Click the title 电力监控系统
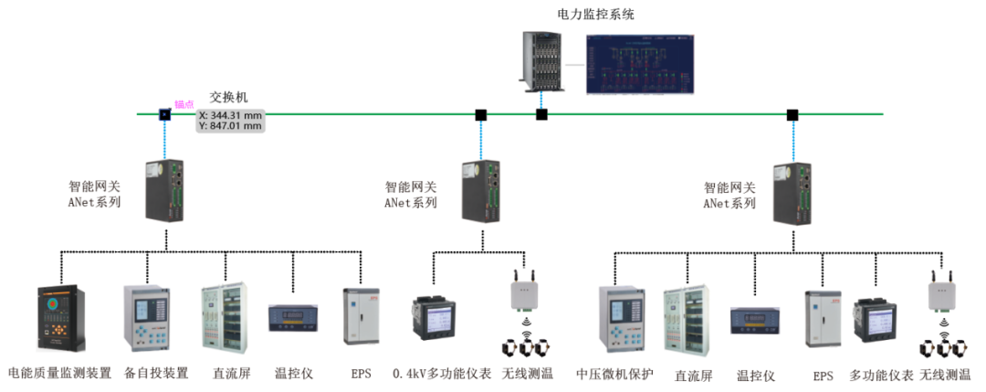pyautogui.click(x=595, y=14)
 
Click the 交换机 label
pyautogui.click(x=228, y=97)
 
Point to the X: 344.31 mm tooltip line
pyautogui.click(x=231, y=115)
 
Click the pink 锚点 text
pyautogui.click(x=184, y=104)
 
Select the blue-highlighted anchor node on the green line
pyautogui.click(x=165, y=114)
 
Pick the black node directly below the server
pyautogui.click(x=541, y=114)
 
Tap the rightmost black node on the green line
pyautogui.click(x=792, y=114)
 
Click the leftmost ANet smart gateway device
pyautogui.click(x=165, y=189)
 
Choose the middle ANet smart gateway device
pyautogui.click(x=480, y=189)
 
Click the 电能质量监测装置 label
pyautogui.click(x=59, y=373)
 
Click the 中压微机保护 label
pyautogui.click(x=614, y=373)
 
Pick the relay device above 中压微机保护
pyautogui.click(x=622, y=317)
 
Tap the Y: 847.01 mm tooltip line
pyautogui.click(x=231, y=126)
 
